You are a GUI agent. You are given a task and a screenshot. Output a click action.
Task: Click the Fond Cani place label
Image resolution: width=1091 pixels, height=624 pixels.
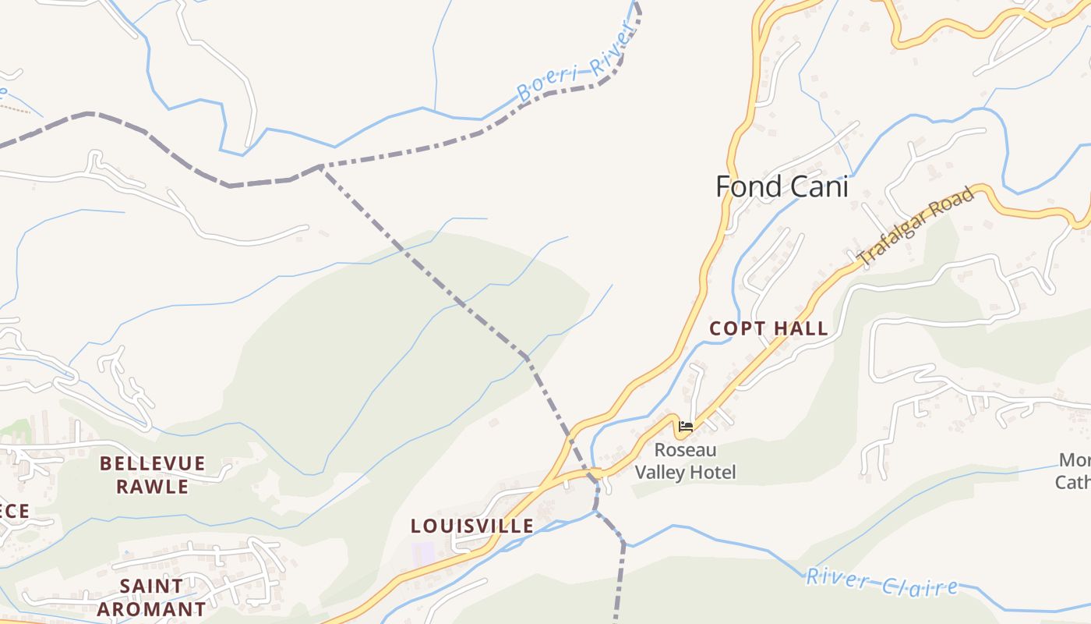[x=782, y=186]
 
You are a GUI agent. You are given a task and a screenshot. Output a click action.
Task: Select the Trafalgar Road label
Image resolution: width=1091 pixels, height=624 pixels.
[x=916, y=226]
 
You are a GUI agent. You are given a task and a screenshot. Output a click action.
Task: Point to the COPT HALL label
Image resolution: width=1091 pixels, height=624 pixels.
[x=768, y=328]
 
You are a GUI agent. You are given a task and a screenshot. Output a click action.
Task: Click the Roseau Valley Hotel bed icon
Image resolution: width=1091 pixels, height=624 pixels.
[x=686, y=427]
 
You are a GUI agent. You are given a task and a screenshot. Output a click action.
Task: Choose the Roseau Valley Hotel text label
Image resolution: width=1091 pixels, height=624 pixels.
[x=685, y=461]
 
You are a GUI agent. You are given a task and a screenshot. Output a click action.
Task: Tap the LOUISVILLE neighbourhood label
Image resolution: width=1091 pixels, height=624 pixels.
[x=472, y=526]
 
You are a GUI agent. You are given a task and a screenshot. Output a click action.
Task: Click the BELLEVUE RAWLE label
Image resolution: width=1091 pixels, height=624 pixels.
[x=153, y=475]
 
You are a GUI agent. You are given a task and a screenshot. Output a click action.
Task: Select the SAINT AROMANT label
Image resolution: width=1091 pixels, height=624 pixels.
[x=152, y=597]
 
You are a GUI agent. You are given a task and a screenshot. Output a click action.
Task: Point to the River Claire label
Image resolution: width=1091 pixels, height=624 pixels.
[x=881, y=582]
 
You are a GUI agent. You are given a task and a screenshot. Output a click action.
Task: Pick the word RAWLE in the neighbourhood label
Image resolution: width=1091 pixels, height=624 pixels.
[x=153, y=487]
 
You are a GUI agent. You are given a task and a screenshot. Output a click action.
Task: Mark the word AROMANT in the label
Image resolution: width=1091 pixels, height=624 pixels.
[x=152, y=608]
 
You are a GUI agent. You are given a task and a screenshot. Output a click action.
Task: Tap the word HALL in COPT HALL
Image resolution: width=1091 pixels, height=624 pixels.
[x=800, y=328]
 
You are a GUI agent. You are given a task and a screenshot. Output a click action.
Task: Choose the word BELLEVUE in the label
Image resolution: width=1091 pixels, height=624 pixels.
[x=153, y=463]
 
